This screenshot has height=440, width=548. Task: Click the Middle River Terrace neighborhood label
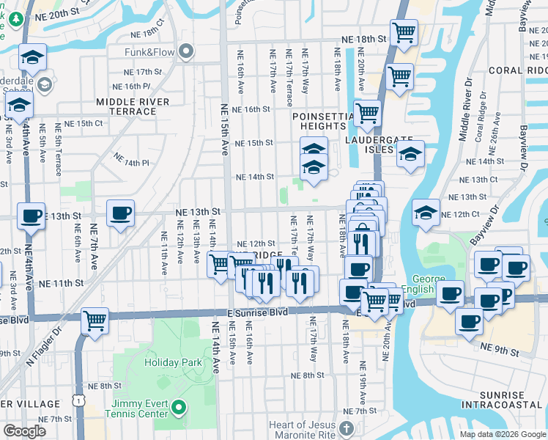pyautogui.click(x=132, y=106)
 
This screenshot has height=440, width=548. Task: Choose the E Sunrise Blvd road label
pyautogui.click(x=256, y=312)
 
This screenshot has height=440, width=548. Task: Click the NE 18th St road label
pyautogui.click(x=362, y=39)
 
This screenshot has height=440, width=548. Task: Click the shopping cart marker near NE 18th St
pyautogui.click(x=403, y=32)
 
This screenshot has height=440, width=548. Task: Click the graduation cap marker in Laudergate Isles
pyautogui.click(x=410, y=154)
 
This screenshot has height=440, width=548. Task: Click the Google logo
pyautogui.click(x=24, y=431)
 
